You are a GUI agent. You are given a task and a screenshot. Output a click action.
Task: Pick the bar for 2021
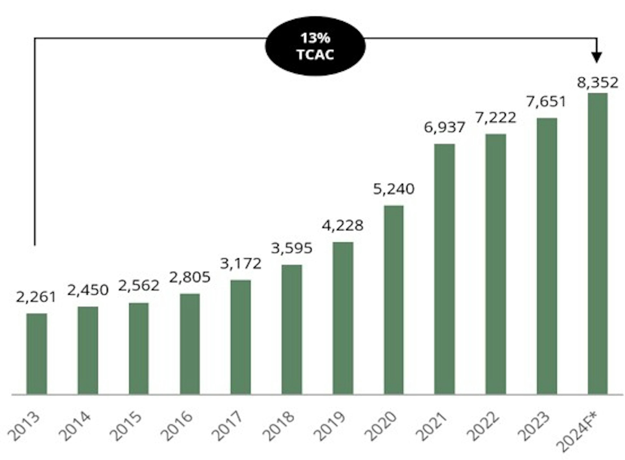click(444, 269)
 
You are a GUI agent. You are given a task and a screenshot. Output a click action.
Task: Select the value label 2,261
click(36, 297)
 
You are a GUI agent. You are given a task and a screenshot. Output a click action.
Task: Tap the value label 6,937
click(444, 127)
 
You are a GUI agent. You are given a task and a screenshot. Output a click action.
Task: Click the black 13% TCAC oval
click(315, 46)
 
